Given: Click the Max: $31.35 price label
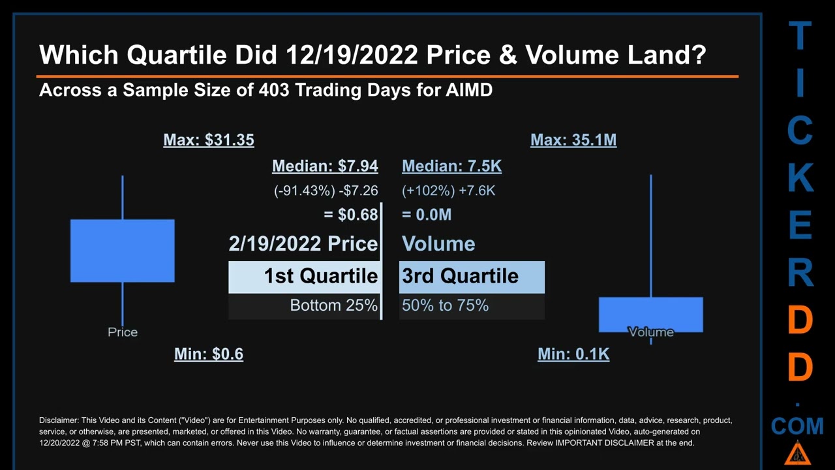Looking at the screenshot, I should tap(209, 140).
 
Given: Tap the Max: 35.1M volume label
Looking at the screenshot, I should tap(573, 140).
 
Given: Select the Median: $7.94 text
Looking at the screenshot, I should tap(325, 166).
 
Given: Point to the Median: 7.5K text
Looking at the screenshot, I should tap(451, 166).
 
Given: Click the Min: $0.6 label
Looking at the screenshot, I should tap(209, 354).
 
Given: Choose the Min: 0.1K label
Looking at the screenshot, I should tap(573, 354).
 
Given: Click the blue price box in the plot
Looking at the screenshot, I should tap(123, 251).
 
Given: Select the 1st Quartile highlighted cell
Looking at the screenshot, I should tap(304, 276).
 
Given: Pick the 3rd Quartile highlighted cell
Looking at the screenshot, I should tap(472, 276).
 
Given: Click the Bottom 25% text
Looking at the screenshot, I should tap(333, 305).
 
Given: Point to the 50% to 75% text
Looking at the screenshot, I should tap(445, 305).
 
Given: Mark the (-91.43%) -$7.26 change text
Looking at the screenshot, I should tap(326, 191).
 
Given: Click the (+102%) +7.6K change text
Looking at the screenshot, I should tap(448, 191).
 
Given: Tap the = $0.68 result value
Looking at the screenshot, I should tap(350, 215).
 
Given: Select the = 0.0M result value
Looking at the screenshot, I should tap(427, 215).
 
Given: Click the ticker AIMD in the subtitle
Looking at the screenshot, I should tap(468, 90).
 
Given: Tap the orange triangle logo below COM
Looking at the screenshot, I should tap(797, 452).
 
